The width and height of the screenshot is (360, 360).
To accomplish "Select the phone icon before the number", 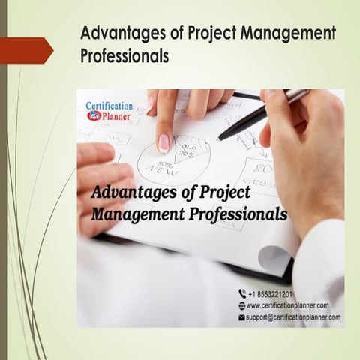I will [x=241, y=293].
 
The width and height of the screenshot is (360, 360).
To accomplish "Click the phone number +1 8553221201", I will [x=271, y=293].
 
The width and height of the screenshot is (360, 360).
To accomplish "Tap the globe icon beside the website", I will [x=241, y=305].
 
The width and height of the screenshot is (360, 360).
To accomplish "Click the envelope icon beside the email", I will [x=241, y=317].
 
